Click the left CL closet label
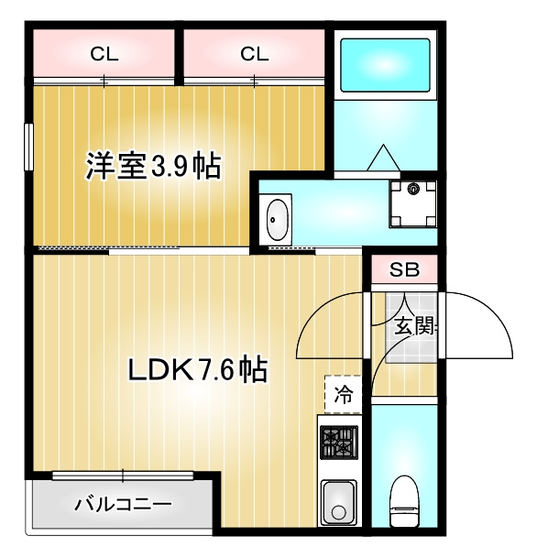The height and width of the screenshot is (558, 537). click(104, 54)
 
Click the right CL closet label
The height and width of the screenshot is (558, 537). click(255, 54)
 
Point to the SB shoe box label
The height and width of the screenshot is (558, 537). click(403, 270)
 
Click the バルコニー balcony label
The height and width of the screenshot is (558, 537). click(123, 504)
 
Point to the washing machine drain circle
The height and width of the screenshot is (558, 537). click(412, 190)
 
